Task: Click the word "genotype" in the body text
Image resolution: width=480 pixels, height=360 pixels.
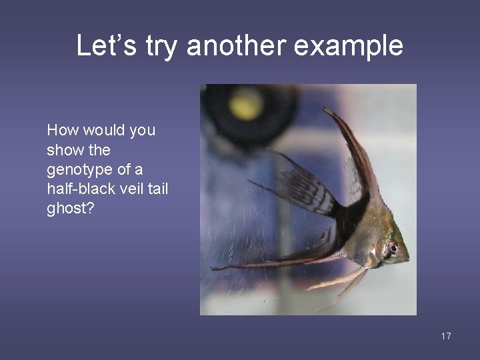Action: point(75,169)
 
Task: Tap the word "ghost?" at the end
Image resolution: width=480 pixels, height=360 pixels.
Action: point(69,208)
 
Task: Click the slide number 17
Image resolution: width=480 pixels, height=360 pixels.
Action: point(446,336)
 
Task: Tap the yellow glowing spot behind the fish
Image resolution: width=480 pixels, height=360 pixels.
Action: point(246,103)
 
